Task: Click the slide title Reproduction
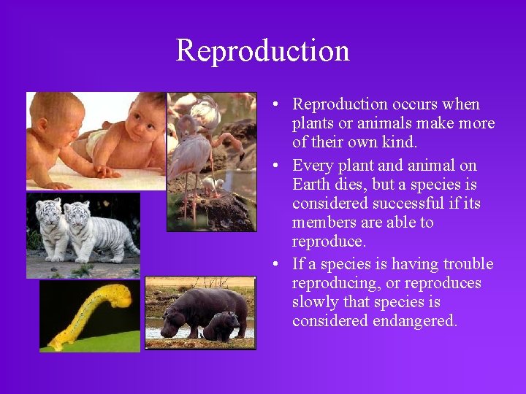point(262,50)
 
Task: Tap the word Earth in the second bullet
point(312,184)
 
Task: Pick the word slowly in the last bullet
point(316,302)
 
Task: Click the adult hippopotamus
point(197,306)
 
